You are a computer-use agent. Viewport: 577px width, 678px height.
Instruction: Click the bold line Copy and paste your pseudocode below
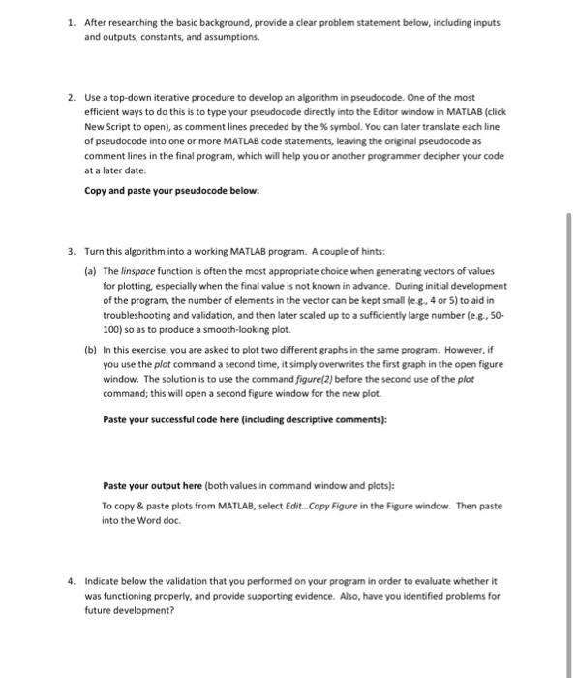click(x=171, y=190)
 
